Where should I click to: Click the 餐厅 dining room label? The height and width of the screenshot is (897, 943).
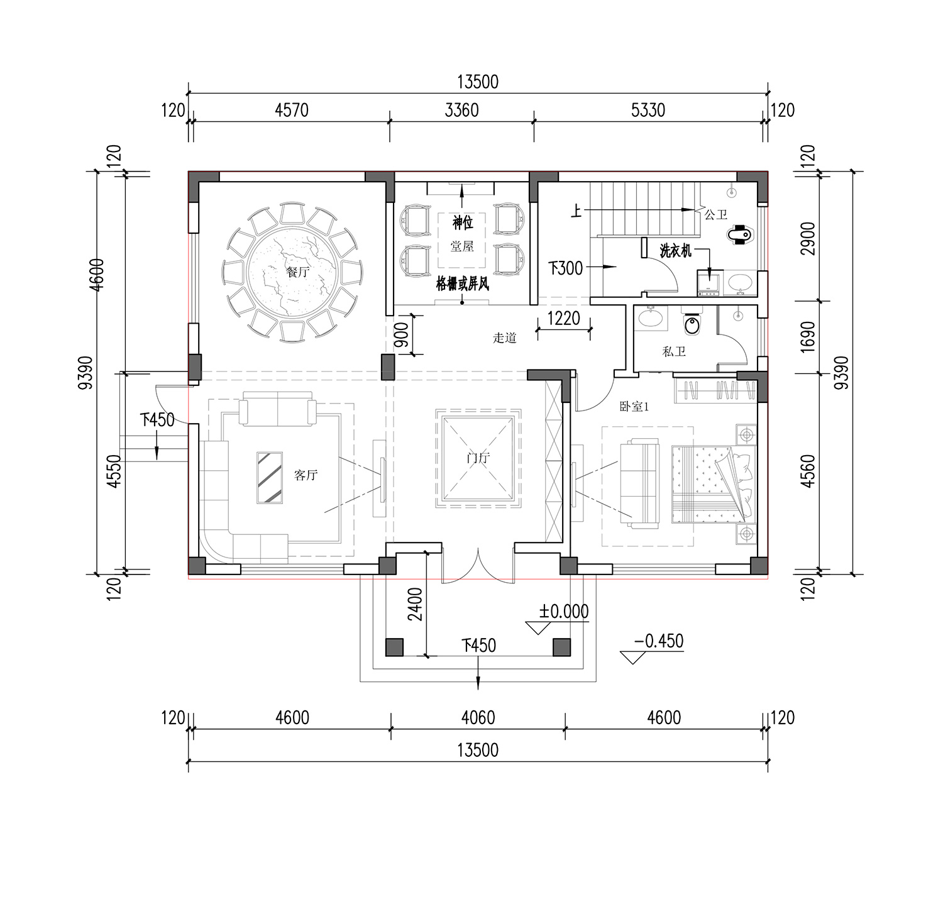pyautogui.click(x=298, y=272)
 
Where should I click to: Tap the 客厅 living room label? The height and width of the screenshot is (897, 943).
pyautogui.click(x=306, y=475)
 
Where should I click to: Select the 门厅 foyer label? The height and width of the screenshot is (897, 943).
pyautogui.click(x=478, y=458)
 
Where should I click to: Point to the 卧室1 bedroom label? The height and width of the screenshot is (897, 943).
pyautogui.click(x=634, y=407)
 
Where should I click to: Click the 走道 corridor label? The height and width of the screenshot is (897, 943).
pyautogui.click(x=505, y=338)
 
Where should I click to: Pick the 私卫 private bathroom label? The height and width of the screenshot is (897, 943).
pyautogui.click(x=674, y=351)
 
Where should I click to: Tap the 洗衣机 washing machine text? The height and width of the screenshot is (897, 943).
pyautogui.click(x=675, y=250)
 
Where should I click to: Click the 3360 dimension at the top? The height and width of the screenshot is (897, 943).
pyautogui.click(x=461, y=111)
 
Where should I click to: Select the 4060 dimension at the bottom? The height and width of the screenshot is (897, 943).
pyautogui.click(x=478, y=718)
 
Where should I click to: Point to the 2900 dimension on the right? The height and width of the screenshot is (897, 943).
pyautogui.click(x=808, y=238)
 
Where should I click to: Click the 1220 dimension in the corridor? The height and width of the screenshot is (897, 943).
pyautogui.click(x=563, y=318)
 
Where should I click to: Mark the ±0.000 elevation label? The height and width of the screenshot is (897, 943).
pyautogui.click(x=563, y=612)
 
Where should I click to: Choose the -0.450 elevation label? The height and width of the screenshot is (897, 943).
pyautogui.click(x=659, y=641)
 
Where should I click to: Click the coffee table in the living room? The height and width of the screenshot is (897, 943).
pyautogui.click(x=270, y=477)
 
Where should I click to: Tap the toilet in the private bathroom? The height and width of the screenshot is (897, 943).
pyautogui.click(x=692, y=323)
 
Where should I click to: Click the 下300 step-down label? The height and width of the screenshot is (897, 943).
pyautogui.click(x=566, y=268)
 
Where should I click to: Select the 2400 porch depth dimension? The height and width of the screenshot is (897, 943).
pyautogui.click(x=415, y=605)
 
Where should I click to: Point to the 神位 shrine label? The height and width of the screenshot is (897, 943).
pyautogui.click(x=463, y=222)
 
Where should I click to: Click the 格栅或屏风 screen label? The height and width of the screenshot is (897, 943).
pyautogui.click(x=463, y=284)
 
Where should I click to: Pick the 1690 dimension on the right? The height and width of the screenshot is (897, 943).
pyautogui.click(x=808, y=337)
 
